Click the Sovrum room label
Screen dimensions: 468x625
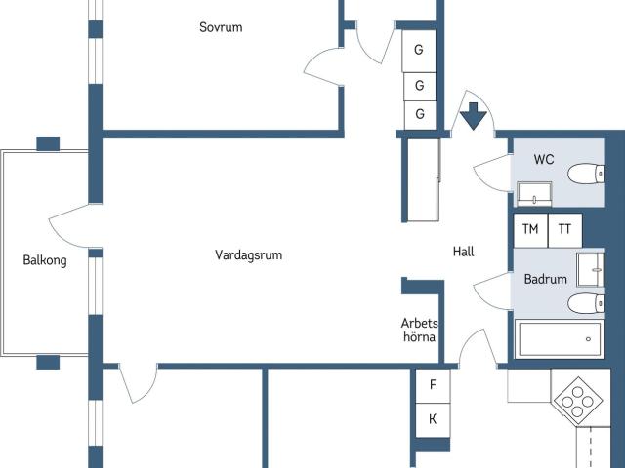(x=221, y=27)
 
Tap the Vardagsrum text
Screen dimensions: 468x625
(x=249, y=255)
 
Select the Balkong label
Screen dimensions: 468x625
(x=45, y=260)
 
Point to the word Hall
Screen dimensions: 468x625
(x=464, y=252)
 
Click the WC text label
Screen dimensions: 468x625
(x=544, y=159)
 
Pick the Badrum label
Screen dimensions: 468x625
(x=545, y=279)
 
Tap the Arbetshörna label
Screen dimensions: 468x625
(x=420, y=330)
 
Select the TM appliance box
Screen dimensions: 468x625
(x=530, y=230)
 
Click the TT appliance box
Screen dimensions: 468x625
(x=564, y=230)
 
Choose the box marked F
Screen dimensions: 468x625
(x=432, y=385)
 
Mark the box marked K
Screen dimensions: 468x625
(x=432, y=419)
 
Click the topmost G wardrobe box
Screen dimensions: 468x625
(x=420, y=49)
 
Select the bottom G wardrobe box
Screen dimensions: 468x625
(x=420, y=114)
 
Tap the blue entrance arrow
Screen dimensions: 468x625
(x=474, y=115)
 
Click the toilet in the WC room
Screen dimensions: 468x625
(x=585, y=175)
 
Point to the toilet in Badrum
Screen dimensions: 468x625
(x=585, y=302)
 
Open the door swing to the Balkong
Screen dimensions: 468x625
(x=70, y=226)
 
